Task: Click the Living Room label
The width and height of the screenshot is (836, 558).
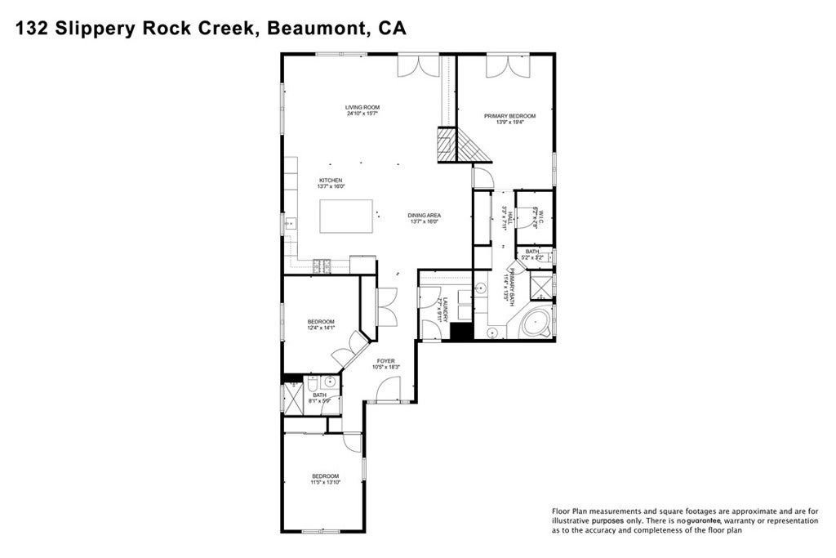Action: click(x=362, y=107)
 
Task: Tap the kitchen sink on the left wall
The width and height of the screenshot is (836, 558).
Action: click(x=289, y=221)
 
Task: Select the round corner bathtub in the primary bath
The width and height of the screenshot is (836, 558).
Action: click(x=536, y=323)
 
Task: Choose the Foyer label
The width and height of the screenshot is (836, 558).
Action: click(x=385, y=360)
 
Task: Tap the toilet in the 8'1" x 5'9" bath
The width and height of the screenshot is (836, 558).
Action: click(x=312, y=383)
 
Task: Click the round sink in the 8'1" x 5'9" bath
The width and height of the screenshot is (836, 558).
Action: click(x=331, y=382)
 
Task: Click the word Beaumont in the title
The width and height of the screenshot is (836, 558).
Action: click(x=313, y=29)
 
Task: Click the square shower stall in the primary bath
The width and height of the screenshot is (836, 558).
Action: click(x=540, y=287)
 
